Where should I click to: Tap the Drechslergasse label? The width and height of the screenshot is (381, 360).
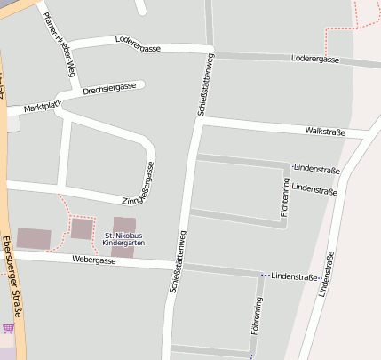109,88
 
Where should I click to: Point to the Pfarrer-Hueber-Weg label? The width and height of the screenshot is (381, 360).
60,45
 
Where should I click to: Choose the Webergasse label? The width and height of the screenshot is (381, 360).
94,260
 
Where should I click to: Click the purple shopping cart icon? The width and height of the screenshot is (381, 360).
8,328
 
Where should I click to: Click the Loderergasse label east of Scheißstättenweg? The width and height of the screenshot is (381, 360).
315,59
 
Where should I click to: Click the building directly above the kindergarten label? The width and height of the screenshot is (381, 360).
124,223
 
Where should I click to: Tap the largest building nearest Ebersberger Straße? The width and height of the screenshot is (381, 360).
35,238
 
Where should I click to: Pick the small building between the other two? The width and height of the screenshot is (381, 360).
82,229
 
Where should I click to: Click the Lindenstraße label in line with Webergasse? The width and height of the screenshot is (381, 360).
294,278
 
